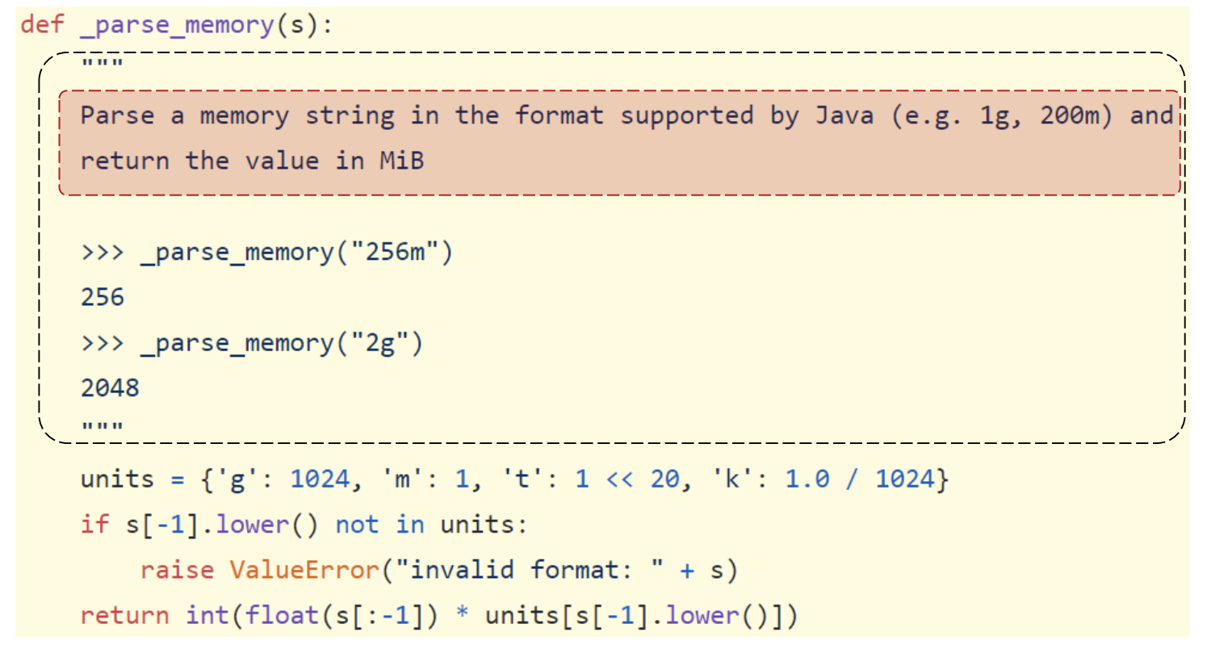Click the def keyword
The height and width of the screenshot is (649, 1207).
tap(42, 24)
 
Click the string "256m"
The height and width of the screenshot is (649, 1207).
tap(394, 253)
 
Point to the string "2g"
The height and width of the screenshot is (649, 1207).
tap(379, 344)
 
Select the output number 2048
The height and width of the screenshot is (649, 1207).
tap(110, 388)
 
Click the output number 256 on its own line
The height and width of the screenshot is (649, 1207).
tap(103, 298)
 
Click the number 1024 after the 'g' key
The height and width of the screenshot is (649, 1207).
tap(320, 479)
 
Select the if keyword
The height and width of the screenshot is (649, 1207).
tap(94, 525)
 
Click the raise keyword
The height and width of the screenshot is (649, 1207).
tap(177, 571)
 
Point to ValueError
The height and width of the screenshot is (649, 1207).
tap(304, 571)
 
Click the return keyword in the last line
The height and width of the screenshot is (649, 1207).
tap(124, 617)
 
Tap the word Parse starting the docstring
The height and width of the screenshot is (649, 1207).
tap(117, 115)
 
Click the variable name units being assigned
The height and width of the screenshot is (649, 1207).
tap(117, 479)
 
